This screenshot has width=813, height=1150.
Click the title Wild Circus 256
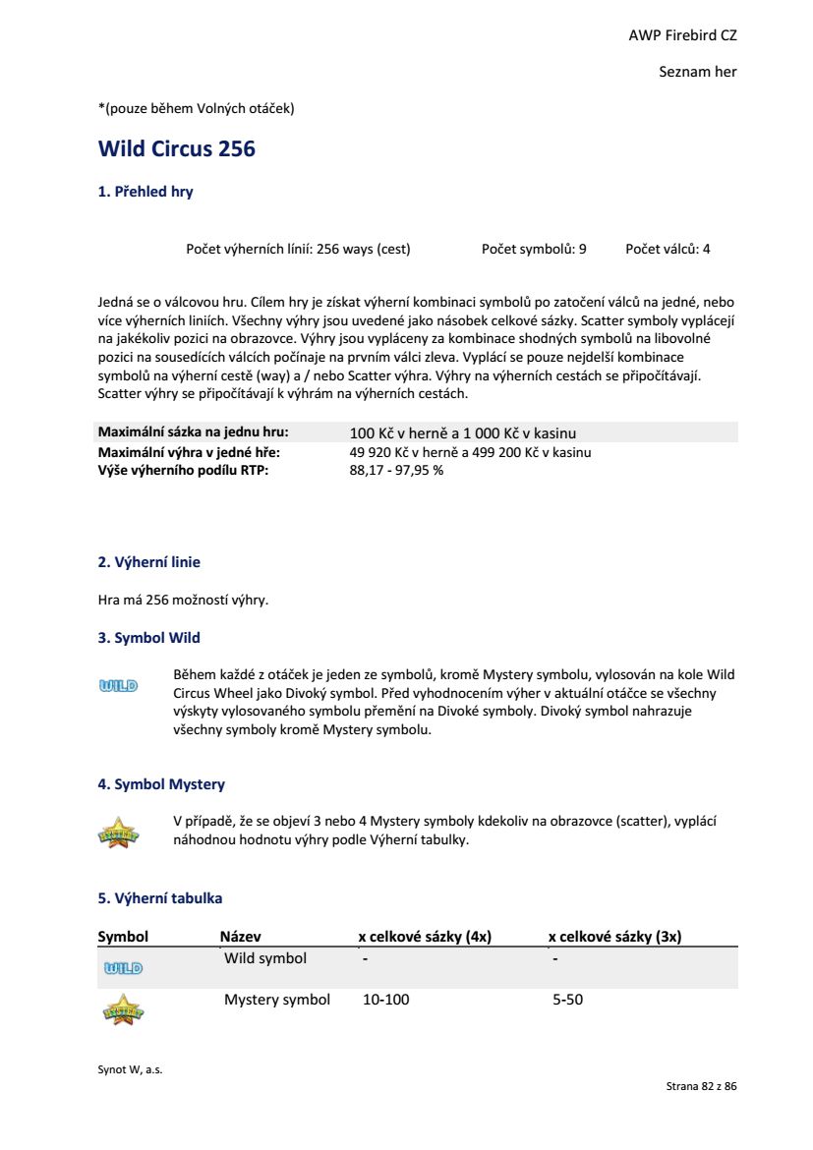(177, 149)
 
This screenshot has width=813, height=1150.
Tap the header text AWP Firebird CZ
(682, 35)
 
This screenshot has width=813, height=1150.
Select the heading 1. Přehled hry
(145, 193)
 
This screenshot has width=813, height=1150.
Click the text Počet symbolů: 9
(534, 250)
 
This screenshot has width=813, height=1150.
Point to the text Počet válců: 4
(668, 250)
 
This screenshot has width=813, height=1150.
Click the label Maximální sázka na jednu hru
(193, 432)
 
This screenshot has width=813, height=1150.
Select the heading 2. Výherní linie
(149, 563)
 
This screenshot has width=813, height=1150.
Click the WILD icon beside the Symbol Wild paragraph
(118, 685)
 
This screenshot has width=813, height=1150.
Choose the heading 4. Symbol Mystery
(161, 785)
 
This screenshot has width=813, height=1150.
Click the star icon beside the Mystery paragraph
(119, 833)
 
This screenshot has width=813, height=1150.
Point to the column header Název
(240, 938)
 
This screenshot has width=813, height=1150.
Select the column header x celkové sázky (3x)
(614, 938)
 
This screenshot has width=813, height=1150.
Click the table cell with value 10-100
(386, 1001)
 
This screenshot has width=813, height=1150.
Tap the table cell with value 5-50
(568, 1001)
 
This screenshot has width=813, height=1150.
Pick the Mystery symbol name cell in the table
(277, 1001)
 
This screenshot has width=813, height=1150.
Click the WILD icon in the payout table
(123, 968)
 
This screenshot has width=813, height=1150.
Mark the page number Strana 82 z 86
(701, 1087)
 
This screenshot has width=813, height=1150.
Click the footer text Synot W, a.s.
(131, 1070)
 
